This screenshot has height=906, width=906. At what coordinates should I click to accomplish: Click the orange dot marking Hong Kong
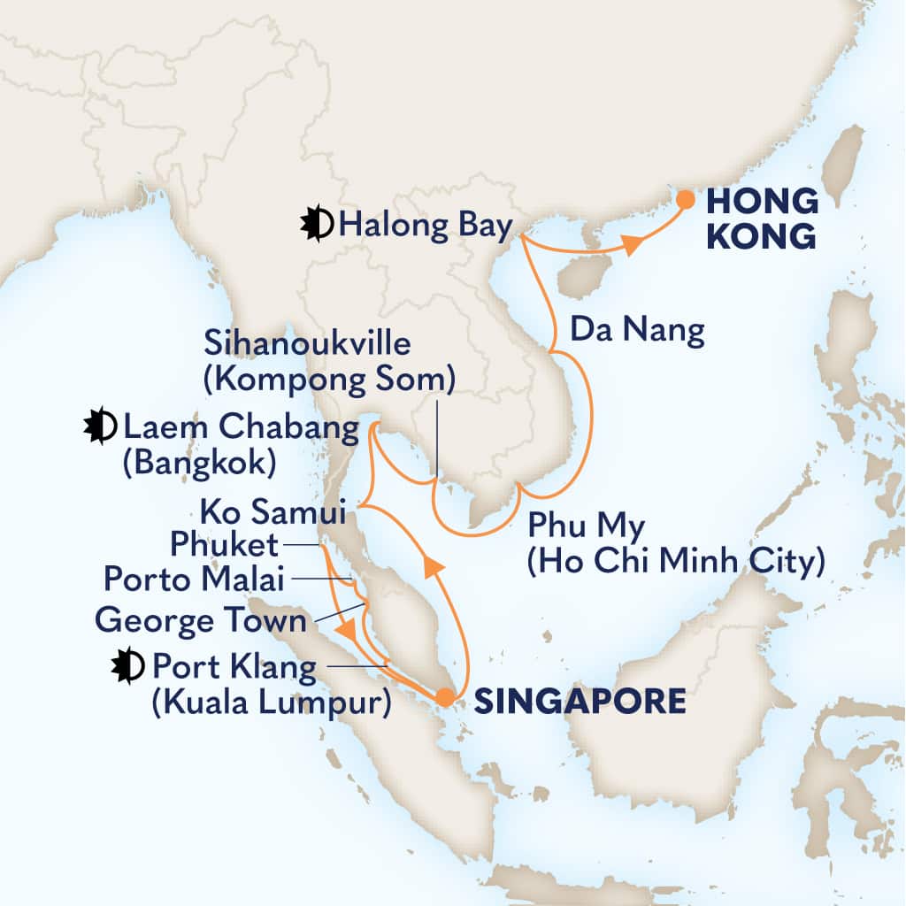[686, 199]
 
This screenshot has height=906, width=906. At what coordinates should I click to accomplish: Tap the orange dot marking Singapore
[444, 697]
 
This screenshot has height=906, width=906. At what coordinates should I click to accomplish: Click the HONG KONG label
[762, 219]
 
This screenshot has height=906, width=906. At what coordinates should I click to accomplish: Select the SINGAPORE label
[580, 701]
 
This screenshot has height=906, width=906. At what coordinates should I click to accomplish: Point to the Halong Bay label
[425, 226]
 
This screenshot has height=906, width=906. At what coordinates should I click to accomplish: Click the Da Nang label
[637, 332]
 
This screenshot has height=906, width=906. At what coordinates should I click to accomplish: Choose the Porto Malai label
[194, 579]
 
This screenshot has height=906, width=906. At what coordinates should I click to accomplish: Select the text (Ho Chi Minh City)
[675, 561]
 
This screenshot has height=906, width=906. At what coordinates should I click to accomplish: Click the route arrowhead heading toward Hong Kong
[630, 247]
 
